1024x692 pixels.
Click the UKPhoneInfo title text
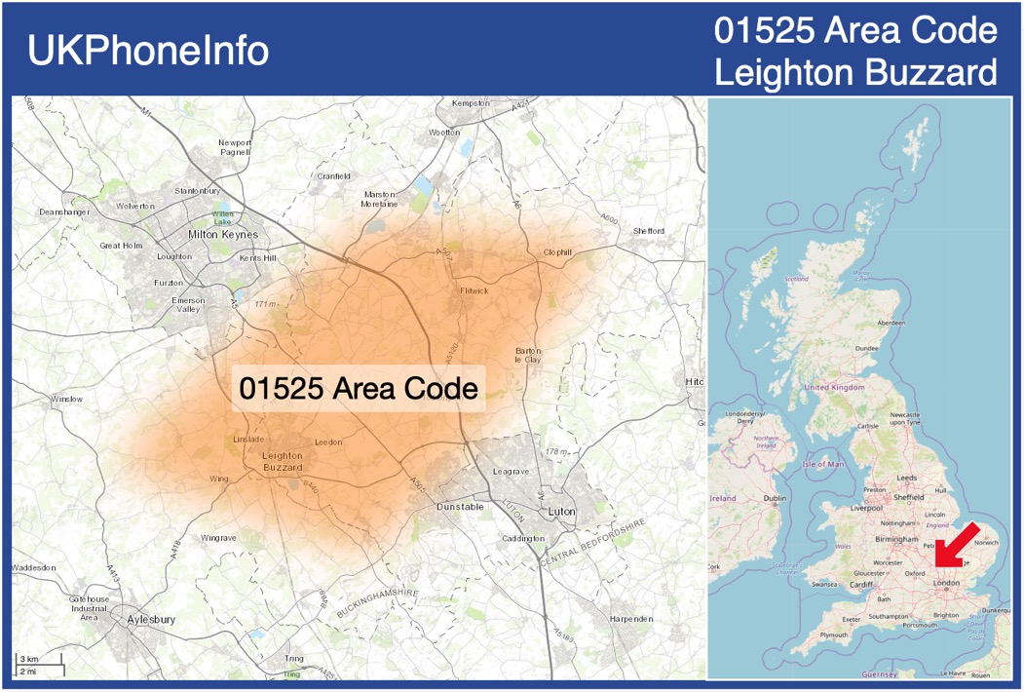point(148,51)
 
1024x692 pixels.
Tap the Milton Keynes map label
point(223,235)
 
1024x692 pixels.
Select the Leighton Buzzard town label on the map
point(284,462)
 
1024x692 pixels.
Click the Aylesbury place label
point(150,619)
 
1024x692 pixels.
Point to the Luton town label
point(562,511)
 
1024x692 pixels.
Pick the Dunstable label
point(459,507)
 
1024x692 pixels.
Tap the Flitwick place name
point(474,290)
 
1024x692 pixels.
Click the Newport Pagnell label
point(235,147)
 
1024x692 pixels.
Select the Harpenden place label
point(631,619)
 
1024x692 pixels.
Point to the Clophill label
point(557,252)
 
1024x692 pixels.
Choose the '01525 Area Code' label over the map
point(359,389)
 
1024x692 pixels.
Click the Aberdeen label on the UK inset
point(891,322)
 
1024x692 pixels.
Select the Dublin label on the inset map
point(776,499)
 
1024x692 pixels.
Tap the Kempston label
point(471,102)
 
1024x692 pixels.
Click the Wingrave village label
point(218,538)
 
